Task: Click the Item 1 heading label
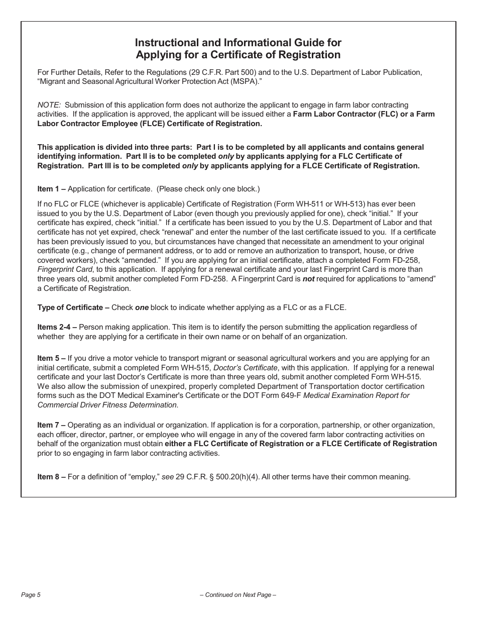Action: (x=51, y=189)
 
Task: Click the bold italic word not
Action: (x=308, y=279)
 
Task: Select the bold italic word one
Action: (x=142, y=307)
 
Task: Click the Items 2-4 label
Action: (x=57, y=327)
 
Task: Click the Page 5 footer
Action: (x=31, y=595)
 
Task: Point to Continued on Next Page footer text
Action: (x=238, y=595)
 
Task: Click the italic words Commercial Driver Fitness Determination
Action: (x=107, y=405)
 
